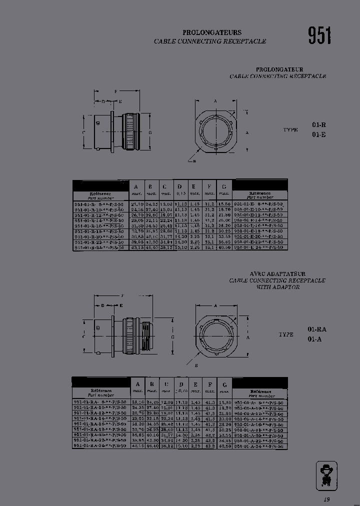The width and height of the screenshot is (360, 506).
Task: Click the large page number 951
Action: [x=319, y=35]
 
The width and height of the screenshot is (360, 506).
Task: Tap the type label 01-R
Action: [x=319, y=125]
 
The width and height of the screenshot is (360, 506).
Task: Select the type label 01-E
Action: [x=319, y=134]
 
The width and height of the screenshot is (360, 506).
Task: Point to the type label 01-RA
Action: [x=317, y=329]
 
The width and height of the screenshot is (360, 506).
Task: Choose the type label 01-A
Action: [x=314, y=339]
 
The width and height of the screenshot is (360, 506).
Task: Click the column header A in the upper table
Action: [x=135, y=186]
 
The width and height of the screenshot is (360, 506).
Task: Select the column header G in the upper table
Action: [x=224, y=186]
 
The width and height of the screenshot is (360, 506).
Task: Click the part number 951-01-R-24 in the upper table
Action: [x=99, y=247]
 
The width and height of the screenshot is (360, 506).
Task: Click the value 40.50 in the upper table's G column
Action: [x=224, y=247]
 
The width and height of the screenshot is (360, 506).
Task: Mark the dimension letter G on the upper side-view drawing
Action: [x=149, y=132]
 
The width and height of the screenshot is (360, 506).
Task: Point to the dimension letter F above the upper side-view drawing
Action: [x=115, y=91]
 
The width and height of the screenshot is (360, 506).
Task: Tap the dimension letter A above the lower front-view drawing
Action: [x=215, y=305]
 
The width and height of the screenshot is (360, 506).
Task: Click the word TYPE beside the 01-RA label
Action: [x=286, y=334]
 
